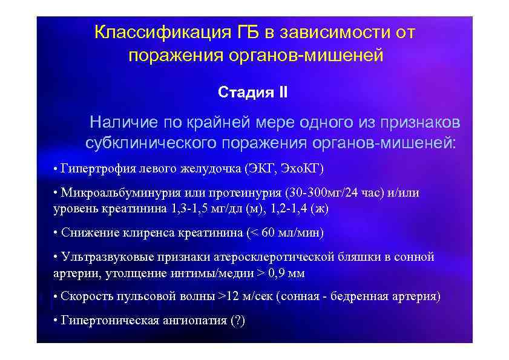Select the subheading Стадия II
click(x=254, y=93)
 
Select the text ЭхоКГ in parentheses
click(x=309, y=168)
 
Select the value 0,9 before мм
click(x=278, y=273)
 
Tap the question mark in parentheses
click(x=237, y=321)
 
